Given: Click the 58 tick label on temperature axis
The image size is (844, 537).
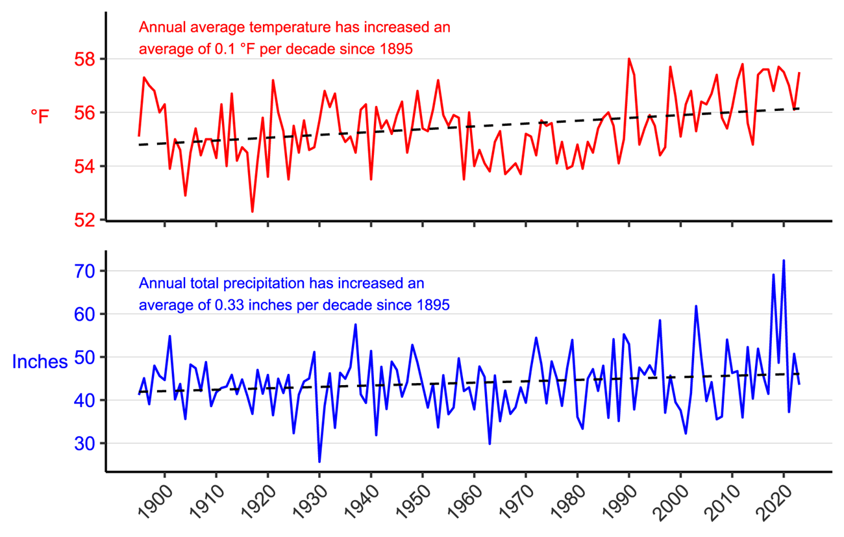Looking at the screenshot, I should (x=86, y=59).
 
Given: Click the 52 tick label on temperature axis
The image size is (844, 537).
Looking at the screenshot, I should (x=86, y=220).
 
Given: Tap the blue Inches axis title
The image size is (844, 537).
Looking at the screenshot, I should (x=40, y=362).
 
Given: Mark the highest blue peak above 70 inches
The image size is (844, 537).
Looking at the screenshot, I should (x=784, y=260).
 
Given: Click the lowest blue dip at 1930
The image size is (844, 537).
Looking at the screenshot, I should (x=319, y=462).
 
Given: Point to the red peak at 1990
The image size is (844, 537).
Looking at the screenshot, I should (x=629, y=58).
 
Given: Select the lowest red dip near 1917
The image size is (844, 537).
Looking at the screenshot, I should (x=252, y=211).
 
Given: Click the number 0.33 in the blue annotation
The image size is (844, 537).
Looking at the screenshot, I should (x=227, y=304).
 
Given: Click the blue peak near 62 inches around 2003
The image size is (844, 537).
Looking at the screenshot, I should (x=696, y=306).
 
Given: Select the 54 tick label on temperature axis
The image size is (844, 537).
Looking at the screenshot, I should (x=86, y=166).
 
